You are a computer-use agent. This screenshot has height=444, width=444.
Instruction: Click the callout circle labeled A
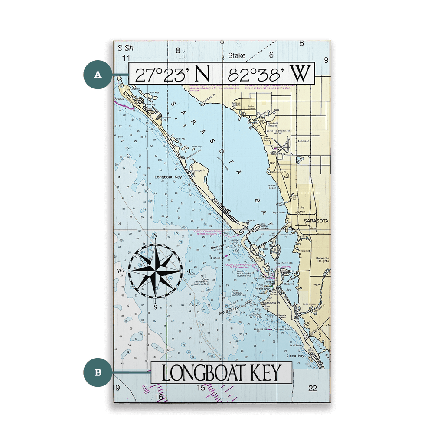[x=98, y=75]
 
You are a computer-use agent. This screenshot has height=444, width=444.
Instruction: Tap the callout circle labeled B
[x=98, y=372]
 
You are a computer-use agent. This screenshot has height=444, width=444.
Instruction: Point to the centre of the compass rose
[x=155, y=271]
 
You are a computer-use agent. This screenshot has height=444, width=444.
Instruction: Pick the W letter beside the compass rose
[x=119, y=271]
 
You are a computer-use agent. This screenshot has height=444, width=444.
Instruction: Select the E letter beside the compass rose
[x=190, y=271]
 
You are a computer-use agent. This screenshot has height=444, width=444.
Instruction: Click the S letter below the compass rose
[x=155, y=306]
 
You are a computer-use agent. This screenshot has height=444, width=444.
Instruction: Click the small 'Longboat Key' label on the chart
[x=166, y=177]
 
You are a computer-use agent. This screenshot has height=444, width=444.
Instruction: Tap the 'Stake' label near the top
[x=237, y=55]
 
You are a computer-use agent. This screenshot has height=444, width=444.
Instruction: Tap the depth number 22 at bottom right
[x=313, y=388]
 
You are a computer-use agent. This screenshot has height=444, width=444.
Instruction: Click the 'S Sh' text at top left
[x=125, y=48]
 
